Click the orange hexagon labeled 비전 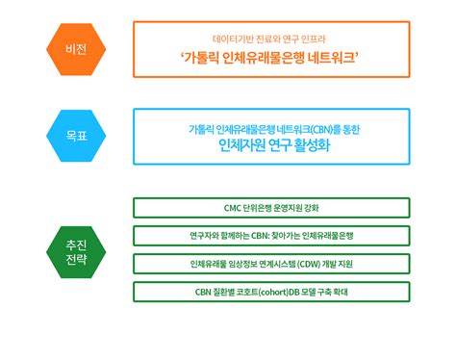pyautogui.click(x=76, y=49)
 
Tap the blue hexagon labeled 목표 pyautogui.click(x=76, y=136)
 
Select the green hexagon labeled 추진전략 pyautogui.click(x=76, y=252)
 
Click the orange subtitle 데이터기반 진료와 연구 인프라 pyautogui.click(x=269, y=39)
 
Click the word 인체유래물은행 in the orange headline pyautogui.click(x=263, y=58)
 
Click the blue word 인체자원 pyautogui.click(x=242, y=145)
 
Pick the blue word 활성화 pyautogui.click(x=312, y=145)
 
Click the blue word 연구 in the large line pyautogui.click(x=280, y=145)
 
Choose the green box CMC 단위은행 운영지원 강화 pyautogui.click(x=271, y=208)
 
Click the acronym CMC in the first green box pyautogui.click(x=232, y=208)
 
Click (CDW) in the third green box pyautogui.click(x=309, y=264)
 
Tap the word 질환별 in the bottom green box pyautogui.click(x=223, y=293)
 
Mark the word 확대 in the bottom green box pyautogui.click(x=341, y=293)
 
